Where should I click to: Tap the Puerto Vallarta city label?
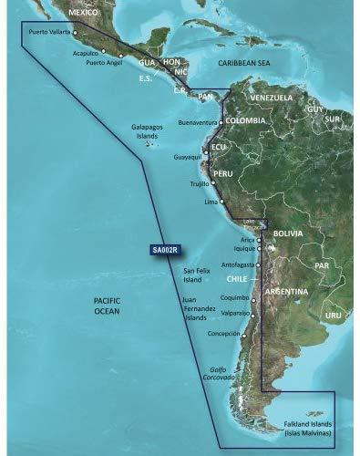click(x=50, y=32)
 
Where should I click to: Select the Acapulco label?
click(x=86, y=53)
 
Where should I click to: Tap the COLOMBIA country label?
click(x=245, y=120)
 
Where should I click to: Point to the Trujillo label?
click(x=200, y=184)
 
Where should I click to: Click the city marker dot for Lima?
click(x=221, y=201)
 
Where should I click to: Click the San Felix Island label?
click(x=198, y=275)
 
